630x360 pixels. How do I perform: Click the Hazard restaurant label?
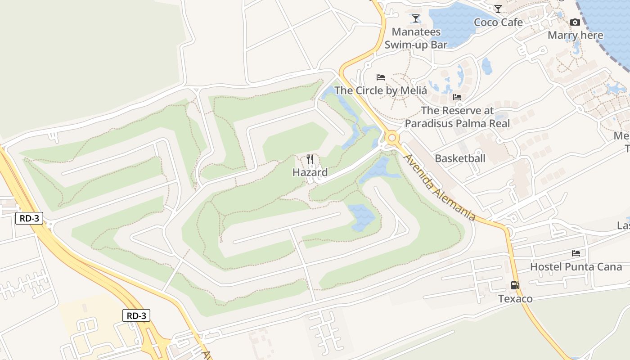point(310,172)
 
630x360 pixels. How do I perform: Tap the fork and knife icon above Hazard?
point(310,159)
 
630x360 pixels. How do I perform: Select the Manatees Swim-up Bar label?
point(416,38)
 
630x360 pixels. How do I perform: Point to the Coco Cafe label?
point(498,22)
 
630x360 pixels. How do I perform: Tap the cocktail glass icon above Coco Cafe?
point(498,9)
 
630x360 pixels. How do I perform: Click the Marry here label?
point(575,35)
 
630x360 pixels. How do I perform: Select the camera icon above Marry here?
point(575,22)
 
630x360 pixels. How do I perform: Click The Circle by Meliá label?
point(380,90)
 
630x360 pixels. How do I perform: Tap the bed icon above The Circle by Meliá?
point(381,77)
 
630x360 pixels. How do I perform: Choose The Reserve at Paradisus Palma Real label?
point(457,117)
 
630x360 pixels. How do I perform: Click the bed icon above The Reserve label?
point(457,97)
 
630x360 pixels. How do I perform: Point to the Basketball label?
point(460,158)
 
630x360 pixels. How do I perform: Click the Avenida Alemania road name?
point(440,187)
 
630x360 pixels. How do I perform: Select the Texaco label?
point(515,299)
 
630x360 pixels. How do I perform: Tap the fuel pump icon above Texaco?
point(515,285)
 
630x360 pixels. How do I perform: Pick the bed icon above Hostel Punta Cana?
point(576,253)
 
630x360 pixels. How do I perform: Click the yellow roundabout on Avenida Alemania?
point(392,137)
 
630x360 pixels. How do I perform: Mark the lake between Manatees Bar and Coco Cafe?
point(454,25)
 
